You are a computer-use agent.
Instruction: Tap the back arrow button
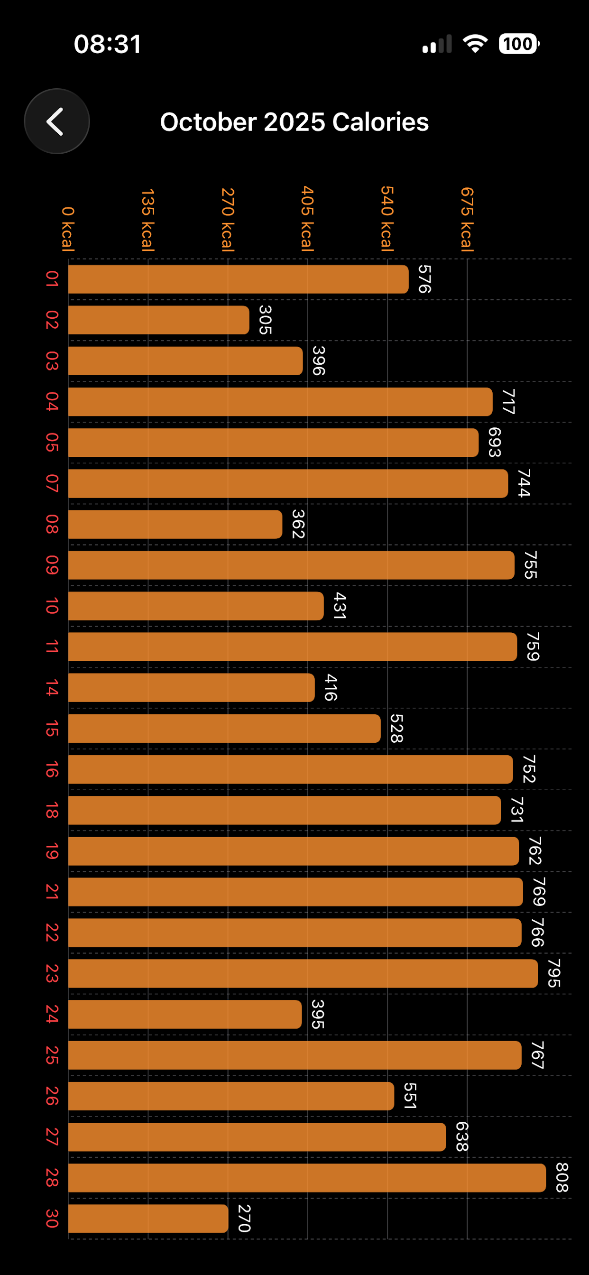pos(56,121)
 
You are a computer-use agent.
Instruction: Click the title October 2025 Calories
pos(294,122)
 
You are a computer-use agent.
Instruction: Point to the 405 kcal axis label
pos(307,218)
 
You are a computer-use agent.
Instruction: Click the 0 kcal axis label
pos(68,229)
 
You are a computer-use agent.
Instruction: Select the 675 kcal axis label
pos(467,219)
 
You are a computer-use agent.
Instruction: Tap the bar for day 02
pos(158,320)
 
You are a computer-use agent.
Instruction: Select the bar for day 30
pos(148,1219)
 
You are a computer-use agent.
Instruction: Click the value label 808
pos(562,1177)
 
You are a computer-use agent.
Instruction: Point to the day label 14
pos(52,687)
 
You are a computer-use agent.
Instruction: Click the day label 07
pos(52,483)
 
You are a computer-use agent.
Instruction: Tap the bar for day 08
pos(175,524)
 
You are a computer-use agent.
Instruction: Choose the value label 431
pos(339,605)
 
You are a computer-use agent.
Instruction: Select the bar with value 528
pos(224,728)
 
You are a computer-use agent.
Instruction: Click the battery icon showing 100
pos(518,44)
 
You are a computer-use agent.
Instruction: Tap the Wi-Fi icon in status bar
pos(475,44)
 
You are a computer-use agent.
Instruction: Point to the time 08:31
pos(107,44)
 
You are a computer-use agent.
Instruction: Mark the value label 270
pos(244,1218)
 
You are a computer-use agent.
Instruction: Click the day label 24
pos(52,1014)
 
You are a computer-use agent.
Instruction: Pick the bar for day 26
pos(230,1096)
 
